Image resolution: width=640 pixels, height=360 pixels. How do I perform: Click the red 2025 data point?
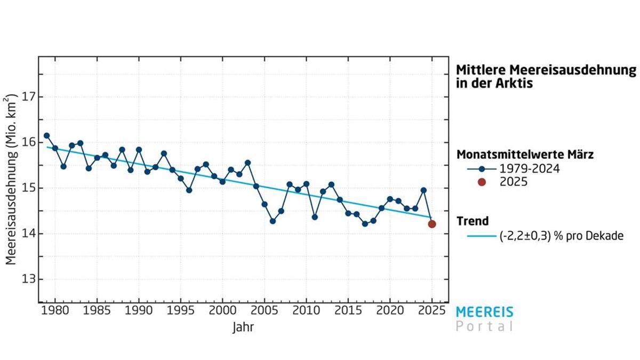[432, 224]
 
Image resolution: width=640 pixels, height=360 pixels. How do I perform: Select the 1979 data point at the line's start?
[46, 135]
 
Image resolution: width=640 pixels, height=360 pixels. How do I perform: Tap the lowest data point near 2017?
[365, 224]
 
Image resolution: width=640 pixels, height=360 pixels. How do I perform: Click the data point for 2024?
[423, 190]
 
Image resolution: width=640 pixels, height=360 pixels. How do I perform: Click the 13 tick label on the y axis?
[29, 279]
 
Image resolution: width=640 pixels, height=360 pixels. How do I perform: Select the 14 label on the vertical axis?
[29, 234]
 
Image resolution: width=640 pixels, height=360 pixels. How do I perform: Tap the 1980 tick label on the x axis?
[55, 310]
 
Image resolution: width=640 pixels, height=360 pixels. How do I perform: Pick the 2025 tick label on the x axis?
[432, 310]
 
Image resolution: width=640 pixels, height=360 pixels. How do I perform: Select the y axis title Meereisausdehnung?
[12, 181]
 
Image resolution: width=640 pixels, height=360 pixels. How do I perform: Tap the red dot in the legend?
[482, 182]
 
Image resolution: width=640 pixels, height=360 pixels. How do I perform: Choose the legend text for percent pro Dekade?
[561, 236]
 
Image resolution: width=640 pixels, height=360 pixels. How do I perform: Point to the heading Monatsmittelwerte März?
[525, 155]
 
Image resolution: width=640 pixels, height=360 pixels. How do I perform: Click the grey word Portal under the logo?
[485, 326]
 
